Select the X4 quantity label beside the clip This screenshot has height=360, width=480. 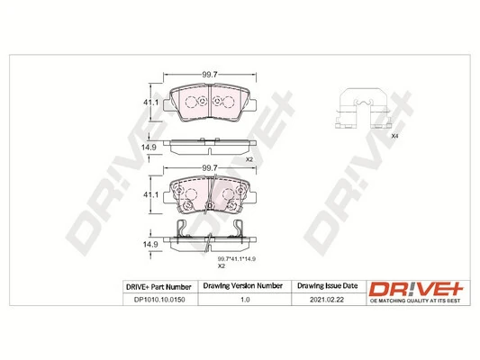[x=394, y=135]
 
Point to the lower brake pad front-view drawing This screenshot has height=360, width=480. [x=210, y=193]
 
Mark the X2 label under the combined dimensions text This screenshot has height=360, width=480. [x=221, y=266]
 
